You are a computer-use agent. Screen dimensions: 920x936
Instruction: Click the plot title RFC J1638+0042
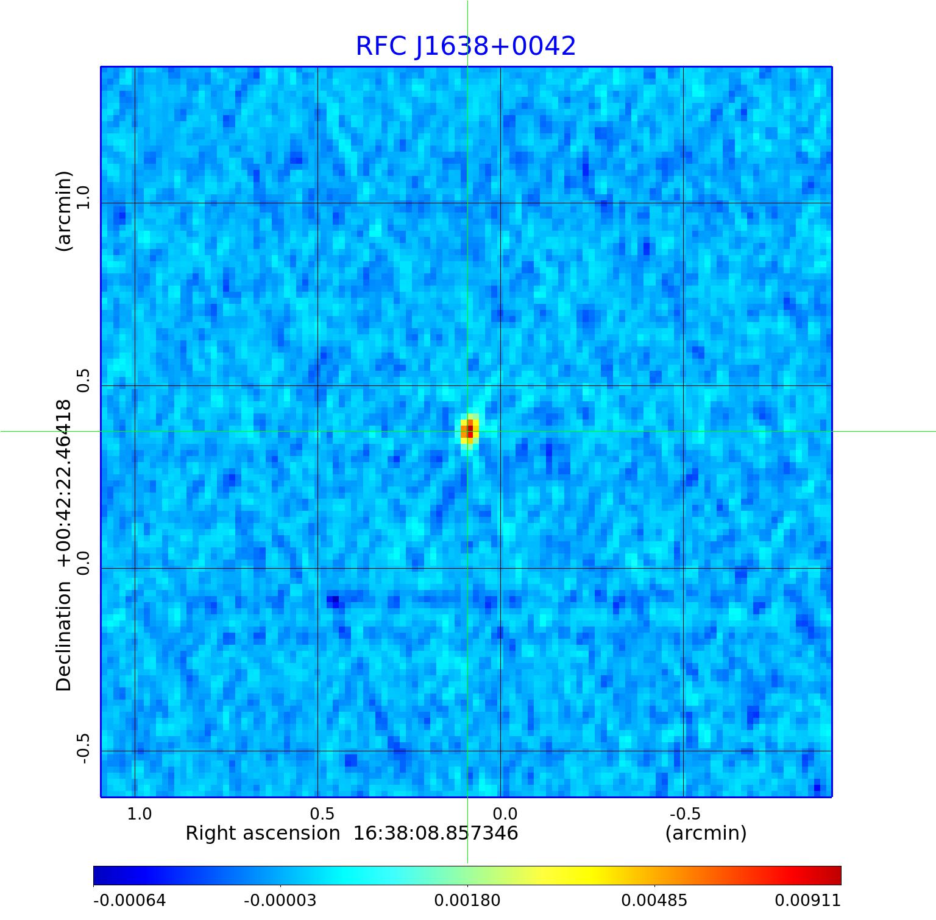point(466,46)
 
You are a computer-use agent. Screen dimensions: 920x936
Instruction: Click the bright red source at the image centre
point(469,430)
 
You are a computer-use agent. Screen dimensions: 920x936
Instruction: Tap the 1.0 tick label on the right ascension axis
point(140,813)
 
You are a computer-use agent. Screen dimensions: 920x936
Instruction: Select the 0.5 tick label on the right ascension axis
point(322,813)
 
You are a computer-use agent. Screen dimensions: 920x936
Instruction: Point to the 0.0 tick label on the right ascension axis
point(505,813)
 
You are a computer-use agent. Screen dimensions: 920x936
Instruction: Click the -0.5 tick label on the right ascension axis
point(685,813)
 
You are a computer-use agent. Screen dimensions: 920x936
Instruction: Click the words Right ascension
point(263,833)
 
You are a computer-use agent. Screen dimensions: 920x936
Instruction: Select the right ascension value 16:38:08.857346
point(436,833)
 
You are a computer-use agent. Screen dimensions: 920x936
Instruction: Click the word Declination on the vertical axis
point(63,636)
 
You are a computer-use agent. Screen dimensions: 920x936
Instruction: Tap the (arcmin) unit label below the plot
point(706,833)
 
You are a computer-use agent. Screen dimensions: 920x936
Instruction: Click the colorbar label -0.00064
point(129,901)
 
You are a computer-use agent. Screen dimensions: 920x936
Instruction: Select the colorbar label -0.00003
point(280,901)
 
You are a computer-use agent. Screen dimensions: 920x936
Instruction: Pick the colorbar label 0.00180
point(467,901)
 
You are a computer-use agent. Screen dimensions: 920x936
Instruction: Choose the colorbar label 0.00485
point(654,901)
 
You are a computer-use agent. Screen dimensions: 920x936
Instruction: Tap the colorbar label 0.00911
point(807,901)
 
